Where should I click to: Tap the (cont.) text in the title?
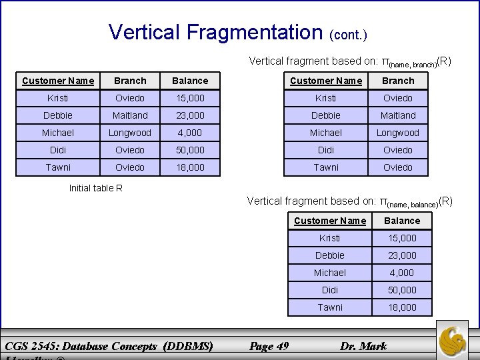click(348, 33)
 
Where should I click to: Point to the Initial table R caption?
click(96, 188)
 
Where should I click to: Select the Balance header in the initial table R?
click(190, 81)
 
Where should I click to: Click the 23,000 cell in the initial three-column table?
click(190, 115)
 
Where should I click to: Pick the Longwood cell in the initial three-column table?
click(130, 133)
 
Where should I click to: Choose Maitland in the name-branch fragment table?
click(398, 115)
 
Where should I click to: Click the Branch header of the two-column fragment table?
click(398, 81)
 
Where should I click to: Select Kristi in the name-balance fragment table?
click(330, 238)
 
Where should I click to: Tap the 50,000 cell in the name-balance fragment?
click(403, 290)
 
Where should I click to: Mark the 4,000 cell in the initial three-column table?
click(190, 133)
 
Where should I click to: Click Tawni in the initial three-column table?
click(58, 167)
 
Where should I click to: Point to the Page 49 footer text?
click(268, 346)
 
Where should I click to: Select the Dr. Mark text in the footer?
click(363, 346)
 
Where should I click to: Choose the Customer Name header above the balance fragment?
click(330, 221)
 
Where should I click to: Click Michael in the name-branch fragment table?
click(326, 133)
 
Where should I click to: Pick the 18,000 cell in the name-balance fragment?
click(403, 307)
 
